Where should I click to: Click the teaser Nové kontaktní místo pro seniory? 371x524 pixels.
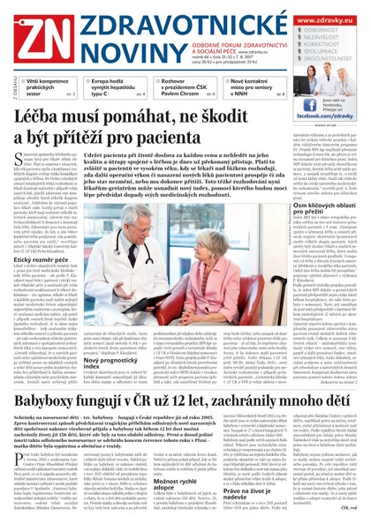point(257,86)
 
